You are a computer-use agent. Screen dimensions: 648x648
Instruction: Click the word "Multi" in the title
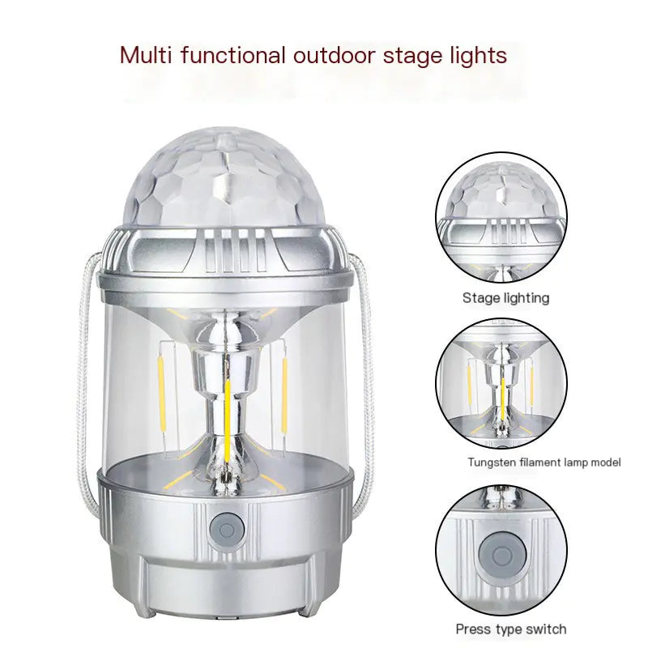(143, 55)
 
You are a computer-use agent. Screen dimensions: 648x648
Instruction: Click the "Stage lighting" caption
(505, 298)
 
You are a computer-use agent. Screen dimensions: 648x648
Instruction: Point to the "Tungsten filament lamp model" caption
(544, 463)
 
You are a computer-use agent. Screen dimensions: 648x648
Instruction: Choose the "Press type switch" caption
(510, 629)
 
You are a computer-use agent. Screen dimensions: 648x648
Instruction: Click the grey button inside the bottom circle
(497, 558)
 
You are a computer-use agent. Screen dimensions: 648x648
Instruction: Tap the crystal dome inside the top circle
(500, 191)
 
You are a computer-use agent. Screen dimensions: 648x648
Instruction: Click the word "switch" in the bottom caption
(544, 629)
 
